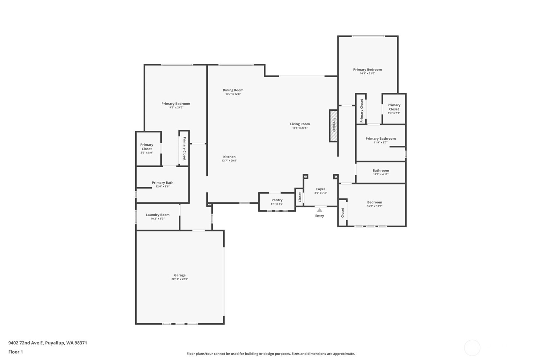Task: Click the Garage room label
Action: pyautogui.click(x=180, y=275)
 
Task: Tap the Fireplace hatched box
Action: pyautogui.click(x=333, y=126)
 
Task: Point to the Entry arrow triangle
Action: pyautogui.click(x=320, y=210)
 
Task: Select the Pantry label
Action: pyautogui.click(x=277, y=200)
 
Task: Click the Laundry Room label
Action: pyautogui.click(x=158, y=215)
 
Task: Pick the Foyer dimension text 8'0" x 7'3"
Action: pyautogui.click(x=321, y=193)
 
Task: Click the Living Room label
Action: pyautogui.click(x=300, y=124)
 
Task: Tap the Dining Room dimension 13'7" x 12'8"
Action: pyautogui.click(x=233, y=94)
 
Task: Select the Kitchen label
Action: pyautogui.click(x=229, y=157)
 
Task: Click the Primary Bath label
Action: pyautogui.click(x=163, y=183)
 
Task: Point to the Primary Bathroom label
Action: pyautogui.click(x=381, y=139)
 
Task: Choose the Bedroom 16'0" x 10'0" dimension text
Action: pyautogui.click(x=375, y=206)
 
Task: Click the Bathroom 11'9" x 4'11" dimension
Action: pyautogui.click(x=381, y=174)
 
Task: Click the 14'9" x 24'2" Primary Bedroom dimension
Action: pyautogui.click(x=176, y=107)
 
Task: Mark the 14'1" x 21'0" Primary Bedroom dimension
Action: pyautogui.click(x=367, y=73)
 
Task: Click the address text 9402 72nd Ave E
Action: pyautogui.click(x=26, y=343)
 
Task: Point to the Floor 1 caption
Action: pyautogui.click(x=16, y=352)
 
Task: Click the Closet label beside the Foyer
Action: pyautogui.click(x=300, y=197)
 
